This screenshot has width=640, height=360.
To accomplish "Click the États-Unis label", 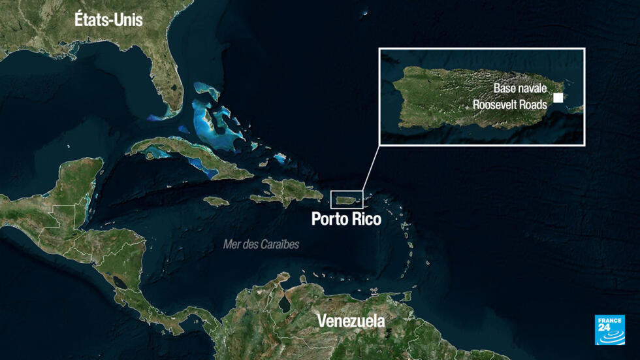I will coord(108,20).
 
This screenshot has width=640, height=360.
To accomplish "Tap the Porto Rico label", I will coord(346,219).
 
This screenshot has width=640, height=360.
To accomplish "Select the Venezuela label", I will coord(351,321).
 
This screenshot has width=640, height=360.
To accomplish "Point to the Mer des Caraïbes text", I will coord(261,244).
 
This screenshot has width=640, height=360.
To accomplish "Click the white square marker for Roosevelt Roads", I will coord(558,98).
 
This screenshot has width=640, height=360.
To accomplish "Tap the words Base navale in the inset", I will coord(520,88).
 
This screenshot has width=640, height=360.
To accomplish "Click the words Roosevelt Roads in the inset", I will coord(510,103).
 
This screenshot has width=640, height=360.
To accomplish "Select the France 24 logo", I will coord(609,329).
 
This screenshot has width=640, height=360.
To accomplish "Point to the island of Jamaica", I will coord(216,201).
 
